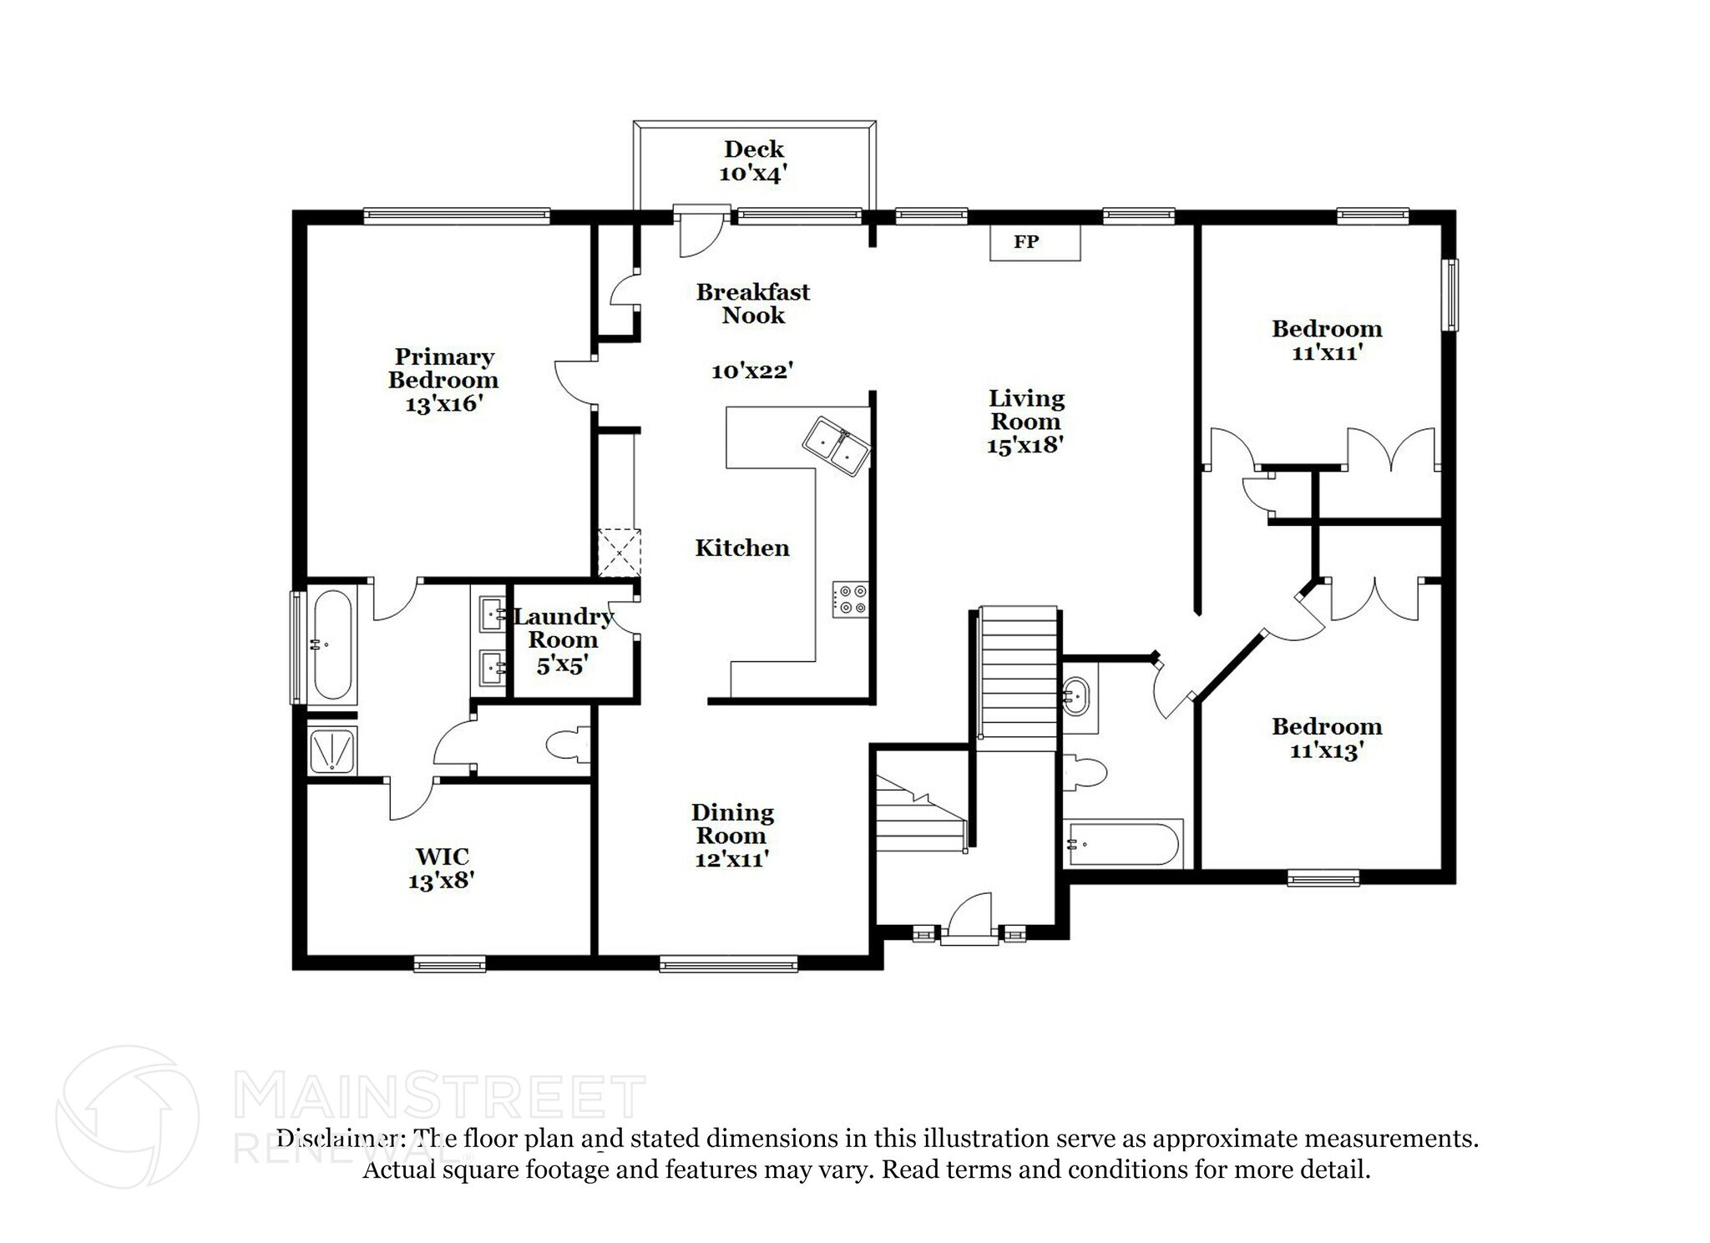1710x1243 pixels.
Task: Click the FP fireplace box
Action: [1035, 242]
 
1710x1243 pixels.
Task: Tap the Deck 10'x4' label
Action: [753, 161]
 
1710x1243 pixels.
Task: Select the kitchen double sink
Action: [837, 446]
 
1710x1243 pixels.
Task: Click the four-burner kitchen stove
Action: [850, 599]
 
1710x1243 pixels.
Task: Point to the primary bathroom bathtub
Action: [331, 645]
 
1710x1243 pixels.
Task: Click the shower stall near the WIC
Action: [332, 750]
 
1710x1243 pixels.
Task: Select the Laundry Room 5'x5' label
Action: [564, 640]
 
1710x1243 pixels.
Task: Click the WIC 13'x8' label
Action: [442, 868]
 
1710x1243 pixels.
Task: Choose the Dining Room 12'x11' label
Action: [732, 836]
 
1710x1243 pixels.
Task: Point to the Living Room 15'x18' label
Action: [1025, 422]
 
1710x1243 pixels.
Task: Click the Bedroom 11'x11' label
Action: [1327, 340]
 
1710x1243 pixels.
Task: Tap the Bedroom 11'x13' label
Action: [1327, 738]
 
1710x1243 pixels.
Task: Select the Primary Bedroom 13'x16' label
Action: [443, 381]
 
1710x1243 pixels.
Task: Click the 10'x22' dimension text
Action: [751, 371]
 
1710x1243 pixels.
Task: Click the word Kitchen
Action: [742, 548]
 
